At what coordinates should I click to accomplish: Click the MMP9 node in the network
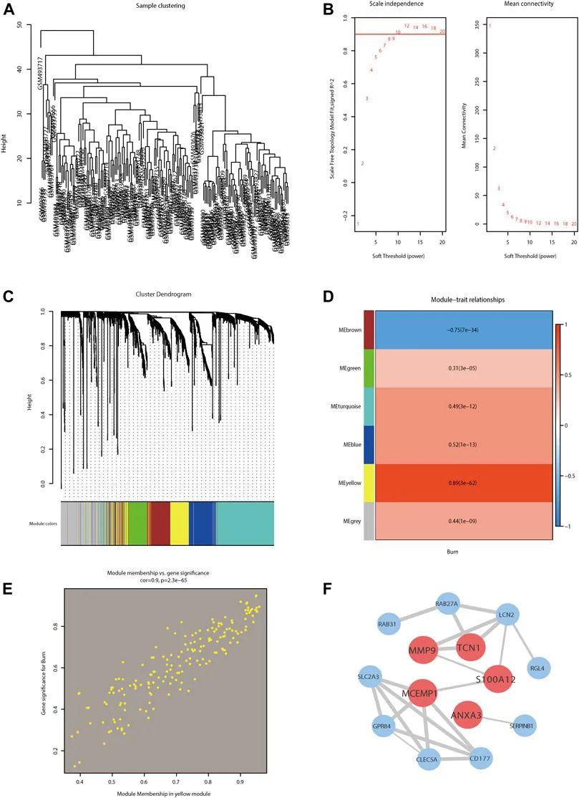(422, 651)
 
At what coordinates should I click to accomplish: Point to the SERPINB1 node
(523, 725)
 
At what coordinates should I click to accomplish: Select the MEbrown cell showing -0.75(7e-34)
(463, 329)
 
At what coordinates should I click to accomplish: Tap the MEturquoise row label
(342, 406)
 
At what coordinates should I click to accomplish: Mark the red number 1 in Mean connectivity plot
(490, 26)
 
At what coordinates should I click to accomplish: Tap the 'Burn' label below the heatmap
(463, 553)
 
